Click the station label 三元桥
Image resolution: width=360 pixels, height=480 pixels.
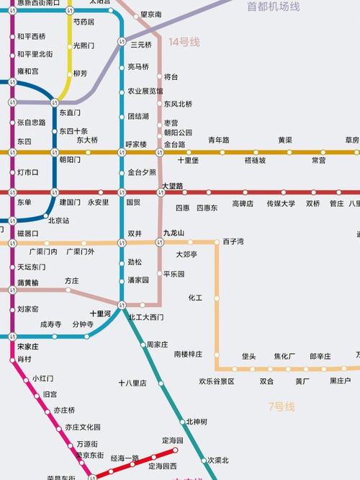pos(141,45)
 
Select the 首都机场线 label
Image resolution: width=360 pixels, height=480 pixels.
pos(273,6)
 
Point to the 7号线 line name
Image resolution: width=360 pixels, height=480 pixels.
pos(281,407)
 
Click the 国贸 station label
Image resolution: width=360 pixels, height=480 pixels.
pos(134,203)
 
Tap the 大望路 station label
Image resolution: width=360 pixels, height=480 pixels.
pos(174,186)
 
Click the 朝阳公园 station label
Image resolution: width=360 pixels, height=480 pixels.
pos(178,133)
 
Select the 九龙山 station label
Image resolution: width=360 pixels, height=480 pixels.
pos(174,233)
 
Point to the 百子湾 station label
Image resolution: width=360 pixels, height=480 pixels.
pos(233,241)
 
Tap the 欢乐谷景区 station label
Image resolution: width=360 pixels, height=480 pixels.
pos(217,381)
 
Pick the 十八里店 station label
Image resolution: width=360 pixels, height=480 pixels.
pos(132,383)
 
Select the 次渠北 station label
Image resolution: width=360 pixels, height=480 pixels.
pos(217,460)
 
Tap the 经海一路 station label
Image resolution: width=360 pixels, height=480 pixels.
pos(125,458)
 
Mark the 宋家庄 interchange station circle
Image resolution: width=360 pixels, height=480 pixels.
pos(12,336)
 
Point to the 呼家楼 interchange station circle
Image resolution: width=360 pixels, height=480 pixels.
pos(122,152)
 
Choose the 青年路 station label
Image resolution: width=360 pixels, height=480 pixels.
pos(219,140)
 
